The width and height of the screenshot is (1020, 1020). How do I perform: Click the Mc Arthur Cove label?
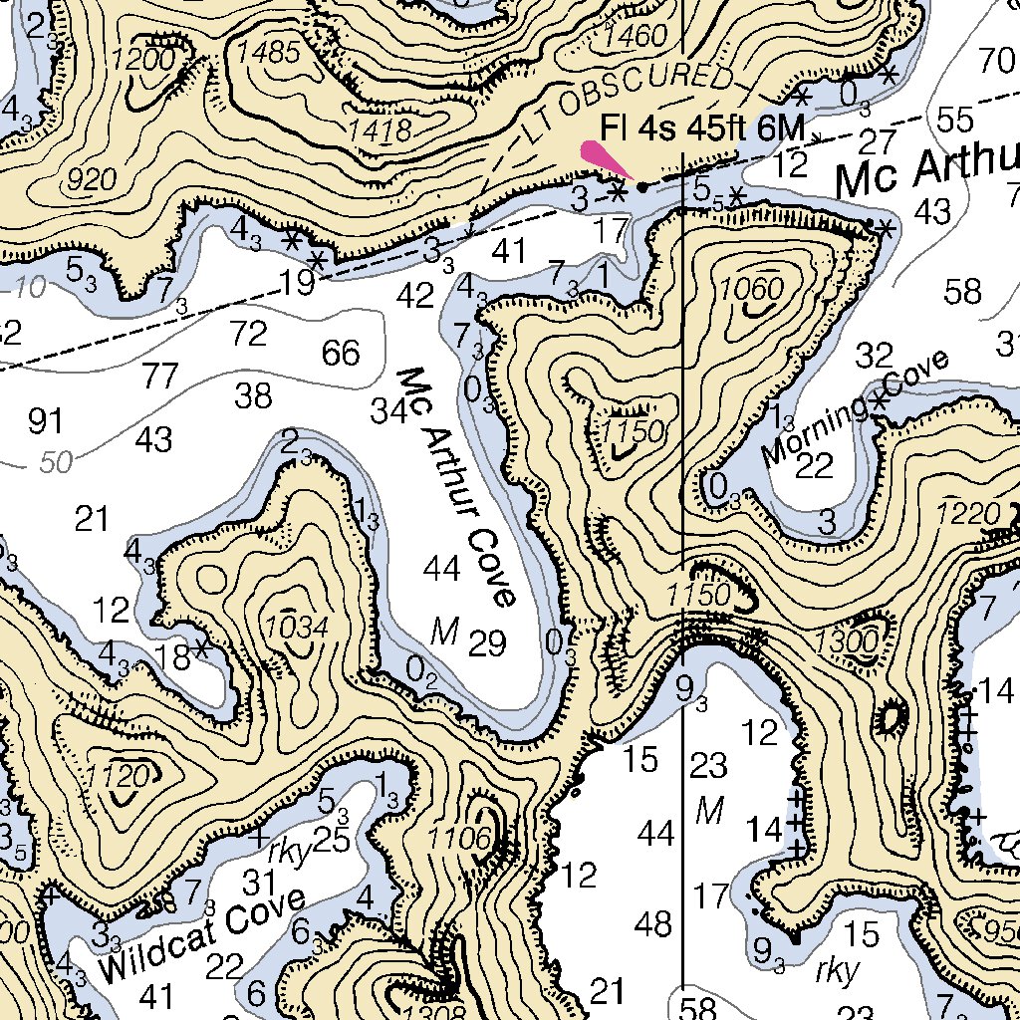(x=457, y=487)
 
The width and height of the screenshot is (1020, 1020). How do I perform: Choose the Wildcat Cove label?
(x=201, y=933)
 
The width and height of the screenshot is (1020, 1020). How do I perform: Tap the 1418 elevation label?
(x=381, y=129)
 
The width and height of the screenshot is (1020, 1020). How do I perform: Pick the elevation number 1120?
(x=124, y=774)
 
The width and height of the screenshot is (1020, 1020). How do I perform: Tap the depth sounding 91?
(x=45, y=422)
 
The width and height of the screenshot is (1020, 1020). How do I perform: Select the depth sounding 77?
(x=160, y=377)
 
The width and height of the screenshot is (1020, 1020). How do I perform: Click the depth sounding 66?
(x=341, y=353)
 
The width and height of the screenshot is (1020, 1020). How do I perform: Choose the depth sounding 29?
(x=487, y=644)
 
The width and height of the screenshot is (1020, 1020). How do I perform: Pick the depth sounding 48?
(x=653, y=924)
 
